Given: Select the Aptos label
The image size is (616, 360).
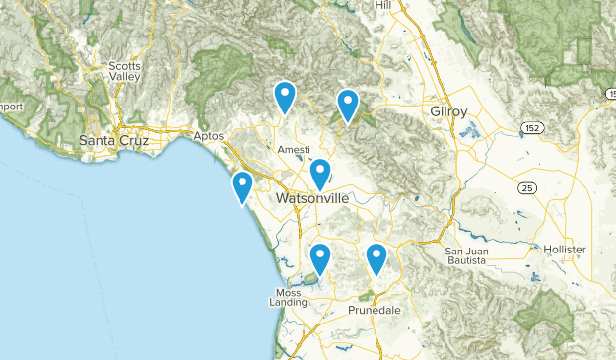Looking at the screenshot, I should (x=209, y=136).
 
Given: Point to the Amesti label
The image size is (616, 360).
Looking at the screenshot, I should (x=293, y=149).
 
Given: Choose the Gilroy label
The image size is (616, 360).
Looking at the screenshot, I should (x=449, y=111).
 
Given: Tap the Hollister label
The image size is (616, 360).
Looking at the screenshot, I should (x=564, y=250).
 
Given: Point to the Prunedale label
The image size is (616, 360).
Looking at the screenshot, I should (x=376, y=310).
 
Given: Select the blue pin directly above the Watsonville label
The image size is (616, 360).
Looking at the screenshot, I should (x=320, y=173).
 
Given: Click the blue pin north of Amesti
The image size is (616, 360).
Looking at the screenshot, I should (x=285, y=96).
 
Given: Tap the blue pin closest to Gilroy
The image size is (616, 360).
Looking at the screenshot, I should (x=348, y=103).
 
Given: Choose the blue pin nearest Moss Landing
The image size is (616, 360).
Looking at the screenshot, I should (x=320, y=258).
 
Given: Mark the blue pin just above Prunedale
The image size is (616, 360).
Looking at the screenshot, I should (x=376, y=258).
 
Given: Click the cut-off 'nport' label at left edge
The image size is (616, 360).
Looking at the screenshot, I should (x=11, y=107).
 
